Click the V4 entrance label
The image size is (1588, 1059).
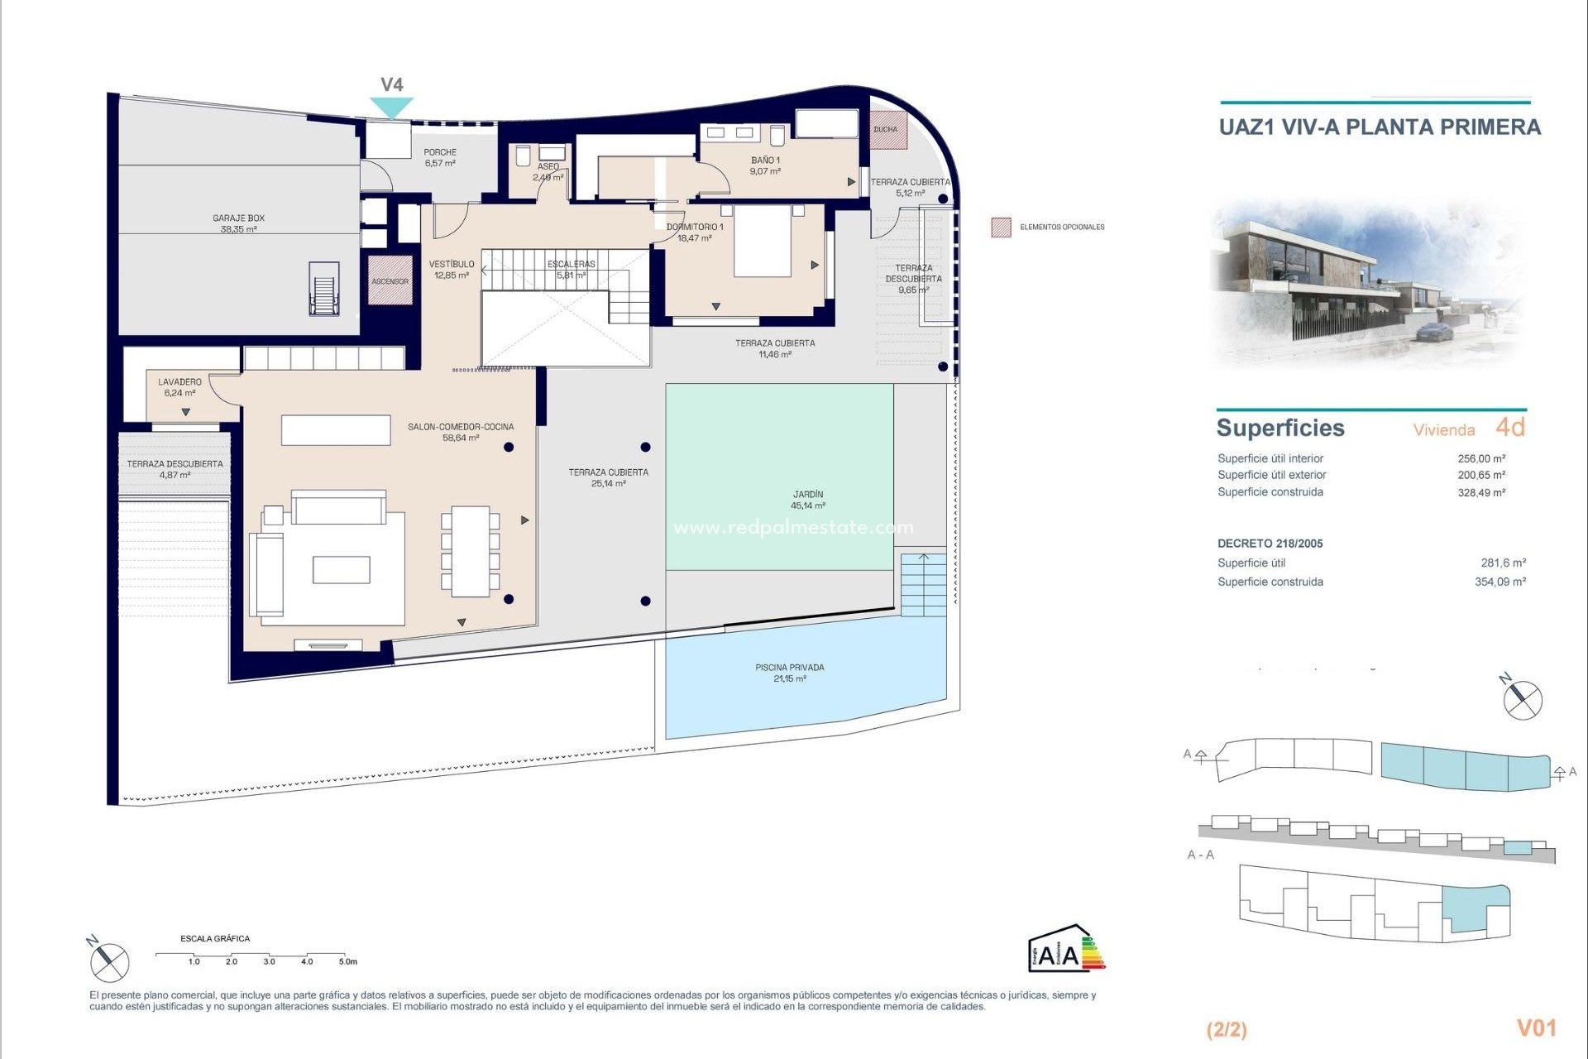point(391,84)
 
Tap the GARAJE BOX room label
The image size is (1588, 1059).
point(238,223)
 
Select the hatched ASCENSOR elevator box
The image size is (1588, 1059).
point(390,280)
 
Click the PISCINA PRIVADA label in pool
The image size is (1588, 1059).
point(789,673)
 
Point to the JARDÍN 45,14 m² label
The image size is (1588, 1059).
point(807,500)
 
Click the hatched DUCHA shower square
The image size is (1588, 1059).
point(887,130)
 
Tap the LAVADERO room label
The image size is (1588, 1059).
point(179,387)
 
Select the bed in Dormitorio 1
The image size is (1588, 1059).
point(762,241)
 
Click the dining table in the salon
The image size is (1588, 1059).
point(470,551)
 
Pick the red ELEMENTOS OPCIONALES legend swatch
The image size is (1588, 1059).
point(1001,227)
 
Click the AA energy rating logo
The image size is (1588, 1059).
point(1065,949)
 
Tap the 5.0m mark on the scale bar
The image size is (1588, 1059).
point(347,961)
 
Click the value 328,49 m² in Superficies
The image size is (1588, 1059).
point(1480,492)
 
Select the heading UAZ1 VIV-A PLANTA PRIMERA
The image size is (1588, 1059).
point(1380,127)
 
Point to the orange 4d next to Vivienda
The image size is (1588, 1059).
point(1509,427)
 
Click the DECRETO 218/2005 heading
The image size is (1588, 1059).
point(1270,544)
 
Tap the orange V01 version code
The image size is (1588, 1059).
point(1536,1028)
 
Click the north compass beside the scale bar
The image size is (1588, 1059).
point(109,961)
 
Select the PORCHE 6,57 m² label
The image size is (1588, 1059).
point(440,157)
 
